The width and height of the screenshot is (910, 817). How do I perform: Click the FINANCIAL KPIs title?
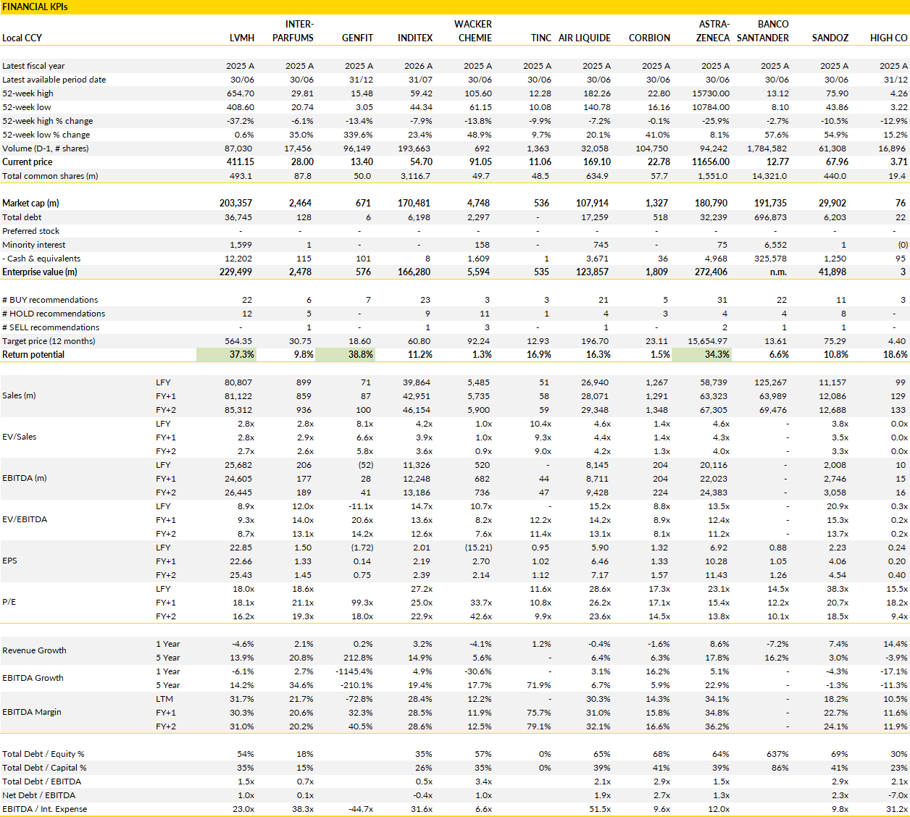(x=35, y=7)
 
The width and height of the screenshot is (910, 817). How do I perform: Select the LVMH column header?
(x=242, y=38)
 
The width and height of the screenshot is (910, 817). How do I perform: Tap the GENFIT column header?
(x=357, y=38)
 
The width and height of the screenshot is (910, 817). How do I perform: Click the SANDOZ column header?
(x=830, y=38)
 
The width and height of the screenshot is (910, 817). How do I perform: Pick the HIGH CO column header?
(x=888, y=38)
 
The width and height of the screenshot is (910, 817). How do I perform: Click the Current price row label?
(x=28, y=162)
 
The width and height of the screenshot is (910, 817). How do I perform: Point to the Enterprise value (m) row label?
(x=40, y=272)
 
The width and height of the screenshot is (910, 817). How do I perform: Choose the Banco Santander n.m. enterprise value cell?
(x=778, y=272)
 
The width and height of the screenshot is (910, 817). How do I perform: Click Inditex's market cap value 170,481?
(x=414, y=203)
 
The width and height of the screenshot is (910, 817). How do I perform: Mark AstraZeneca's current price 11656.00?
(x=711, y=162)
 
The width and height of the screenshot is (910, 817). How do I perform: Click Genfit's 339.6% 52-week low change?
(x=359, y=135)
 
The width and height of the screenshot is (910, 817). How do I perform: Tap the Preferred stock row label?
(x=30, y=231)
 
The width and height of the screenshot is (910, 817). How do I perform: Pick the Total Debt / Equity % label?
(x=43, y=754)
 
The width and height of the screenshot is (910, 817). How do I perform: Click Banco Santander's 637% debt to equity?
(x=777, y=754)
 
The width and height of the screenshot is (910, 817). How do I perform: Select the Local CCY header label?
(x=22, y=38)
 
